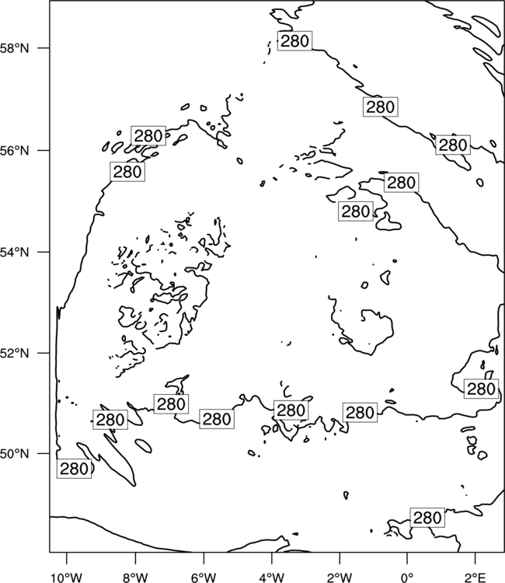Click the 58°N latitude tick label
15,48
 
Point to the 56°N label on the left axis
15,151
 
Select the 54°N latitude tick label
15,252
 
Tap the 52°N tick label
15,353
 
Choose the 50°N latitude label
15,454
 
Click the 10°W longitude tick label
67,578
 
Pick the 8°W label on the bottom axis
135,578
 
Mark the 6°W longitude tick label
204,578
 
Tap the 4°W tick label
272,578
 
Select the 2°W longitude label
340,578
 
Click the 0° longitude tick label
407,578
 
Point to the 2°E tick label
475,578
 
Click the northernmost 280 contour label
294,41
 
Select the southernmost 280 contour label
427,518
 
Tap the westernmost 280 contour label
74,469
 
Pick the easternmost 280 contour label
481,389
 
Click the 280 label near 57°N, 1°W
381,106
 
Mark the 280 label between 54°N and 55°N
356,211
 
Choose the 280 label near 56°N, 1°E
453,145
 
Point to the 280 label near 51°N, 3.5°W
291,410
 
